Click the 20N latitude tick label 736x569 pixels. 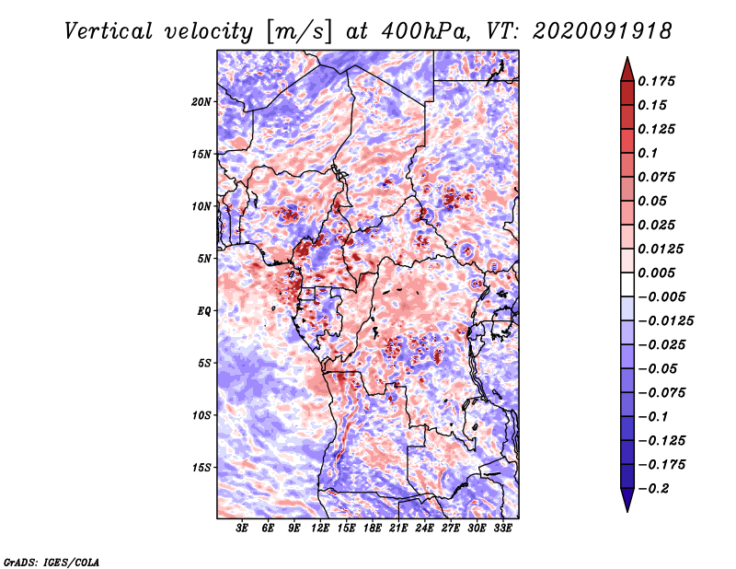[201, 101]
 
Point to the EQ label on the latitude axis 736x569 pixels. [204, 310]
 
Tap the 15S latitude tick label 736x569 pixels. [201, 468]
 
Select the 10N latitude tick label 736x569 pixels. [201, 206]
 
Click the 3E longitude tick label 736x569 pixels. [242, 528]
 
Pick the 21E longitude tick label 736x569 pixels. [398, 528]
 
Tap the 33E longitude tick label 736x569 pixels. [502, 528]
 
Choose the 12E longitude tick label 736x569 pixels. [320, 528]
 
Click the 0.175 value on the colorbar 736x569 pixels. [656, 81]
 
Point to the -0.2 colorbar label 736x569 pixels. [653, 489]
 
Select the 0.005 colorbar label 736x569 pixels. [656, 273]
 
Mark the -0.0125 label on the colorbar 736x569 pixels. [665, 321]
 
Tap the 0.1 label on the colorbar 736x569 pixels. [648, 153]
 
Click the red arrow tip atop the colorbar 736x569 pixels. [627, 58]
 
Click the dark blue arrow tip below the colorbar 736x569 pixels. [627, 510]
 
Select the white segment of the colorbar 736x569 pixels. [627, 284]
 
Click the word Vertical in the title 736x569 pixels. [109, 31]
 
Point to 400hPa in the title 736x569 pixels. [424, 31]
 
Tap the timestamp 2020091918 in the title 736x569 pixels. [603, 31]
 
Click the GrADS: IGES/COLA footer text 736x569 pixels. [52, 562]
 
